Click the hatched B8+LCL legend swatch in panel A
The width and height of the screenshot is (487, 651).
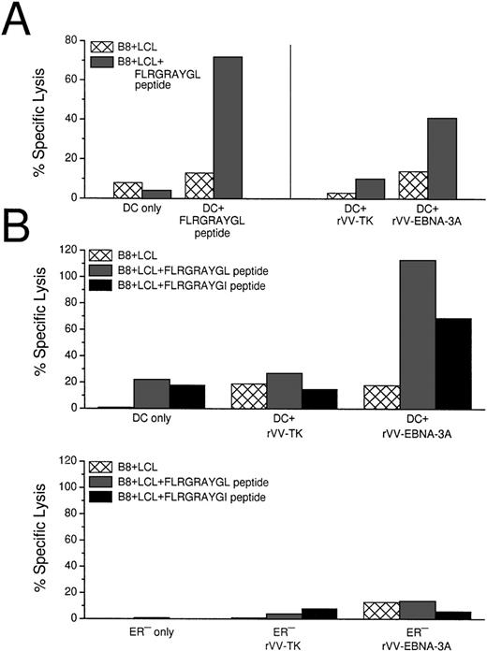click(x=102, y=46)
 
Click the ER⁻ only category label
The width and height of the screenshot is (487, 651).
click(x=137, y=633)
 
